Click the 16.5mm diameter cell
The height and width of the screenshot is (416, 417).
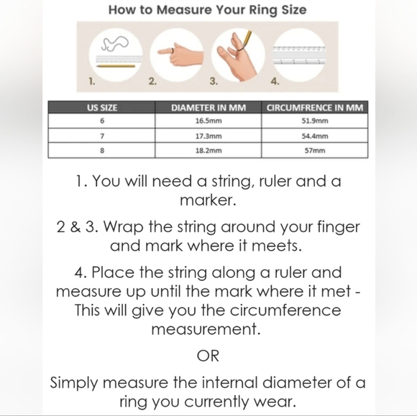(208, 121)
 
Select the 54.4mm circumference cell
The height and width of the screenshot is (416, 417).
(315, 136)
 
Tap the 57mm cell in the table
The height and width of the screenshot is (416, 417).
(315, 150)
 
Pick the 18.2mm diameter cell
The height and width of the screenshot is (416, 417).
(208, 150)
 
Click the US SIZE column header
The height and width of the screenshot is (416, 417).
(102, 108)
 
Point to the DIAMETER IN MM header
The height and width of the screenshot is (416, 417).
(208, 108)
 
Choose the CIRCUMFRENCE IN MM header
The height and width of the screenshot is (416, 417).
(315, 108)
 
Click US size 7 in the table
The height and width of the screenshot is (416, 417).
(102, 136)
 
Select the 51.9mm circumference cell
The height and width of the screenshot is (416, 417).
(315, 121)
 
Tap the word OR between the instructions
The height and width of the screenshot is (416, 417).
(208, 356)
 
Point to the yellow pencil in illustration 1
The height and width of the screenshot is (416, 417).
(116, 66)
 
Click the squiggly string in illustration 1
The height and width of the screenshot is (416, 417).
(115, 43)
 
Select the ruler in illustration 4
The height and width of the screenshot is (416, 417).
(299, 55)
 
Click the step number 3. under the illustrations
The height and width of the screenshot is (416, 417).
(214, 81)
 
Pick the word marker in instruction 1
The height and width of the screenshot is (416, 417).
(208, 200)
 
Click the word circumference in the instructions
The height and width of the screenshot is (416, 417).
(285, 310)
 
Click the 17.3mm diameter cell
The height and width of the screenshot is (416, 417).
(208, 136)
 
